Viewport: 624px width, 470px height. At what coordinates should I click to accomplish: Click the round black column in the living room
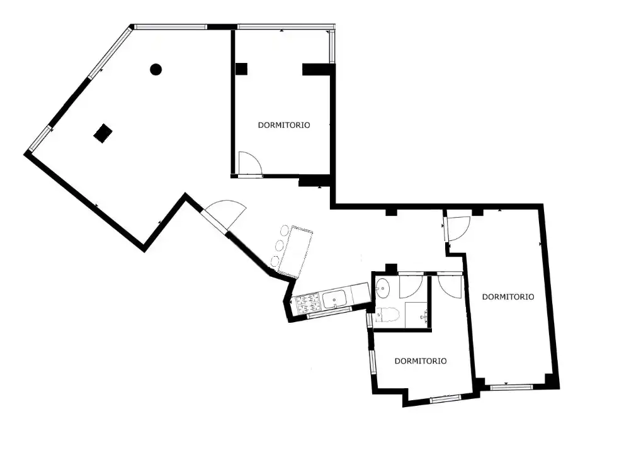tap(156, 70)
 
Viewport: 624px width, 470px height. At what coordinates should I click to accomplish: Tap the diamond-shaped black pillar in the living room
tap(103, 133)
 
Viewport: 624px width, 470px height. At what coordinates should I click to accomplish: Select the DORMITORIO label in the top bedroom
tap(284, 125)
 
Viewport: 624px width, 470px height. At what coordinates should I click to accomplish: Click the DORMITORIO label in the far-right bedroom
tap(508, 296)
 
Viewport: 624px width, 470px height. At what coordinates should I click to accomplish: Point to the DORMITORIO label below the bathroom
tap(421, 361)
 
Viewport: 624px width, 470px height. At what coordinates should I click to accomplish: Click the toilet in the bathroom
tap(385, 315)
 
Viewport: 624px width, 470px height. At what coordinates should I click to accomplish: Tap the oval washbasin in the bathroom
tap(383, 288)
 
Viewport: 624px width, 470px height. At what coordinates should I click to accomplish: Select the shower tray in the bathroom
tap(416, 315)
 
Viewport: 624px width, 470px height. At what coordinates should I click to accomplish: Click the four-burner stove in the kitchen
tap(308, 303)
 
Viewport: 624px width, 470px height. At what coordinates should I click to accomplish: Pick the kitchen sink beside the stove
tap(334, 299)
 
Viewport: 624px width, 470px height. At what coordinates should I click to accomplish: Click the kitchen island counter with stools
tap(295, 250)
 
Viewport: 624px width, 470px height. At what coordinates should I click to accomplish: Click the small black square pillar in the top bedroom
tap(241, 69)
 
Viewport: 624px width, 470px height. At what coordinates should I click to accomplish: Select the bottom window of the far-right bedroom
tap(511, 386)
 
